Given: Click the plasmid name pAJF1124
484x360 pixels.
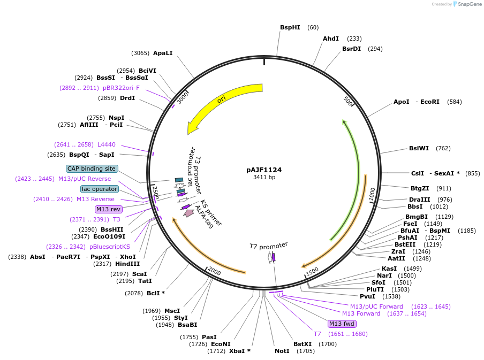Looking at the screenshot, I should [x=264, y=170].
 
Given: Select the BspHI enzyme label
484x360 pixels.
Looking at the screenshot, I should [x=290, y=27].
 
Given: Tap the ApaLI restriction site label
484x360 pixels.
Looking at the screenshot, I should [x=163, y=53].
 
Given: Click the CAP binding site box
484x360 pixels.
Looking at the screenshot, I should [x=92, y=168].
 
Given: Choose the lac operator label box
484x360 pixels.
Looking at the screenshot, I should [x=100, y=189].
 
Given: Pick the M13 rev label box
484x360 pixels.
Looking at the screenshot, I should [x=109, y=209].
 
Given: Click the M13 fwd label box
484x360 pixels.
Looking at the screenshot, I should [x=342, y=324].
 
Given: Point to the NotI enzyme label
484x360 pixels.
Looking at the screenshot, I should [x=282, y=351].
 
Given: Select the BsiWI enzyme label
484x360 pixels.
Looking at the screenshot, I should [x=419, y=148].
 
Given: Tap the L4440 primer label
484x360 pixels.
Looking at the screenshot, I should [x=106, y=144].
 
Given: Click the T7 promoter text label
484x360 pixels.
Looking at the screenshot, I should [x=268, y=246].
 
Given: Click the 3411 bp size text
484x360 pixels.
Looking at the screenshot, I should [x=264, y=178].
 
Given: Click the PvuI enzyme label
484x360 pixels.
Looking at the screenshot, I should [x=367, y=296].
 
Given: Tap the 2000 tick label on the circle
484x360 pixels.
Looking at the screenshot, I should [x=214, y=271].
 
